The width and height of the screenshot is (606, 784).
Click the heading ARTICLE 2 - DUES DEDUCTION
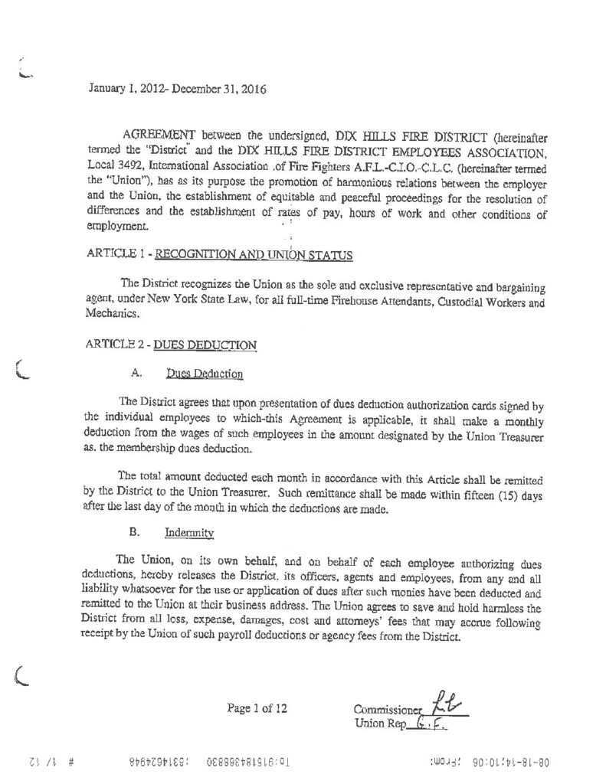coord(171,345)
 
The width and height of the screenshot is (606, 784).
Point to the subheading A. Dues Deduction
coord(188,374)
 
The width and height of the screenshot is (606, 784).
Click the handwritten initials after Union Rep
coord(434,724)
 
